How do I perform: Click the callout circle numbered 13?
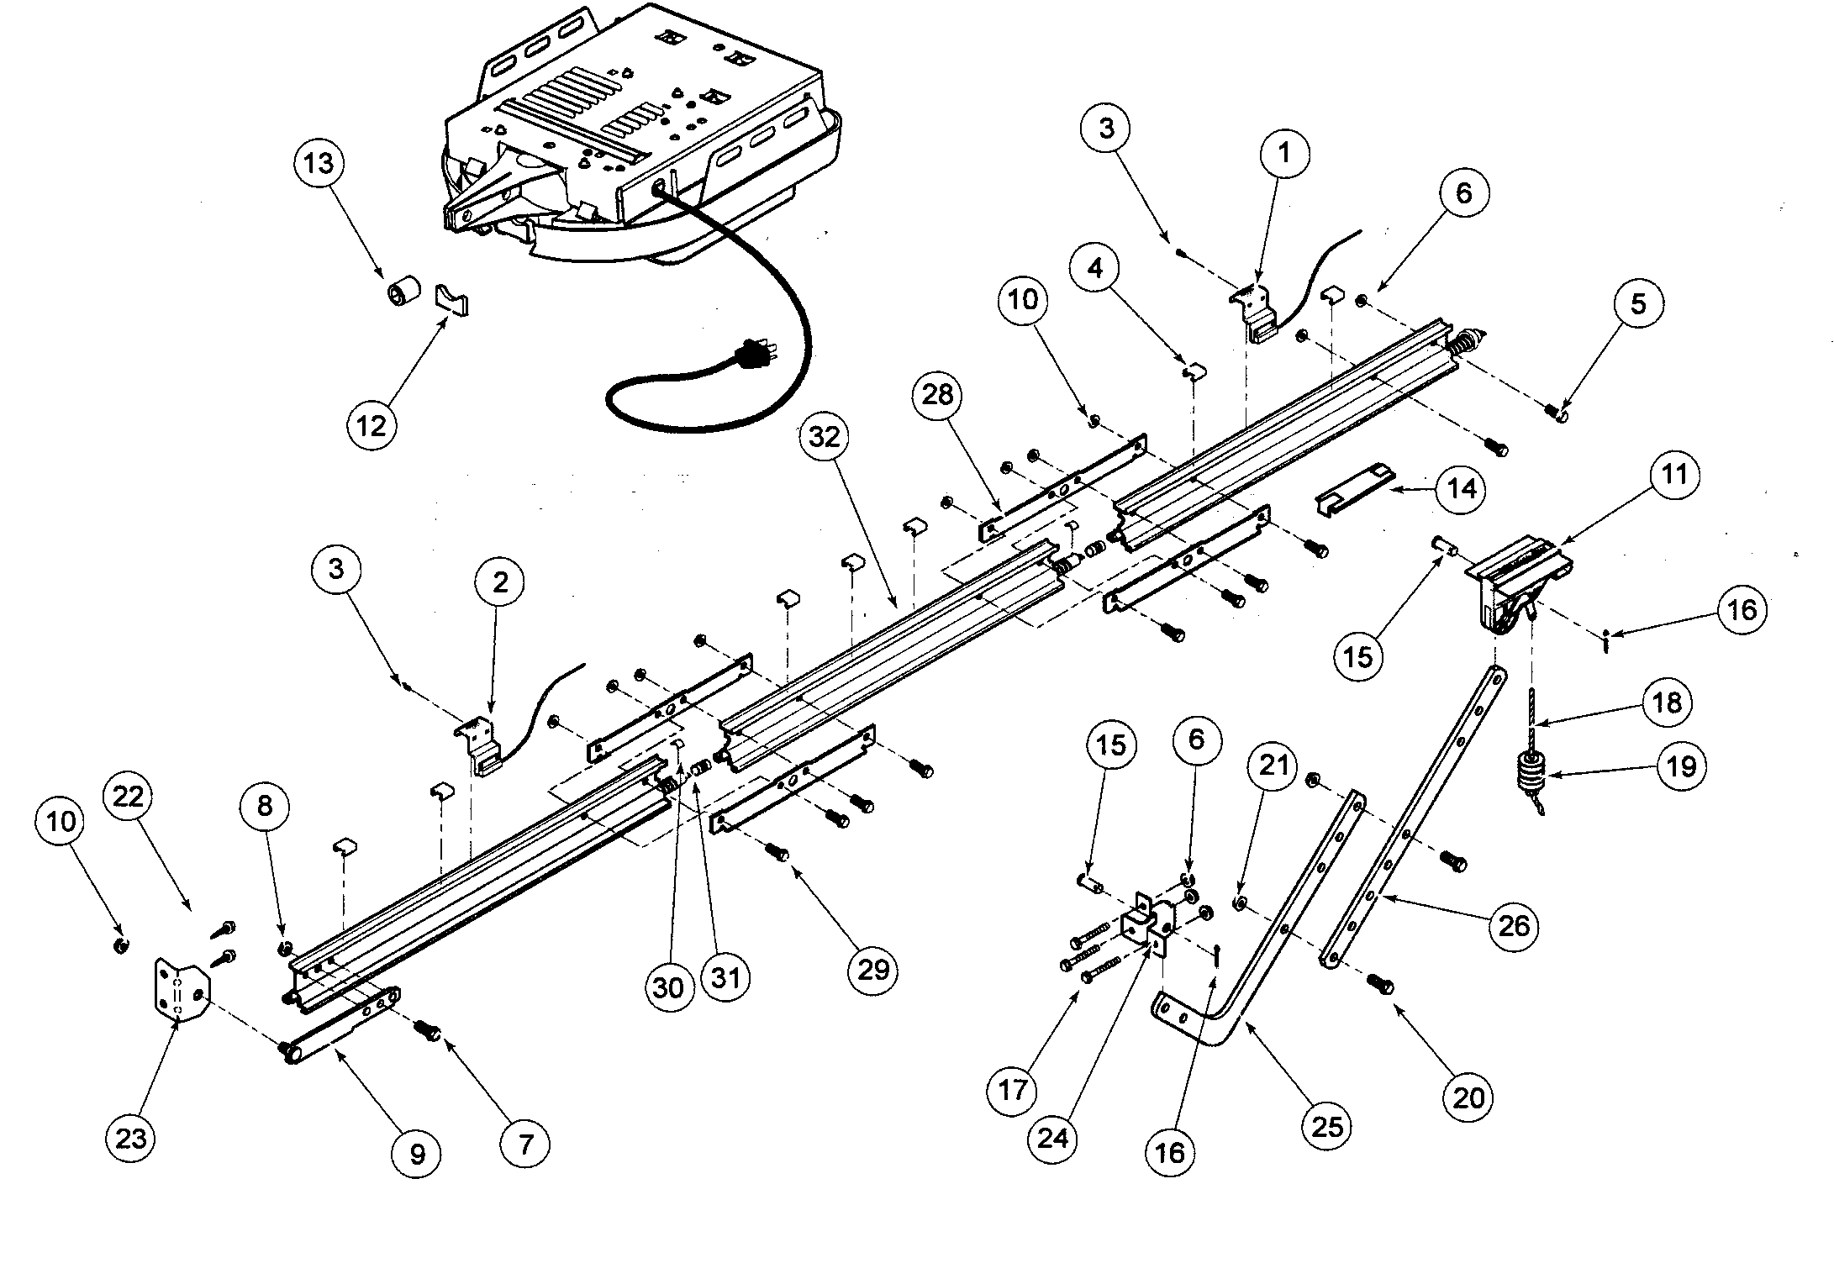coord(319,163)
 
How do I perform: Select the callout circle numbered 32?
coord(825,437)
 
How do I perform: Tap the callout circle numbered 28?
coord(938,395)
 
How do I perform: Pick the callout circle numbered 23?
coord(131,1139)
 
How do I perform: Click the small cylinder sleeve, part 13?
coord(404,293)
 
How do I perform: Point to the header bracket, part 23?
coord(180,992)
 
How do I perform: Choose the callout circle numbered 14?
coord(1461,488)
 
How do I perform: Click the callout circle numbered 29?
coord(872,970)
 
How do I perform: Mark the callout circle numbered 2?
coord(500,582)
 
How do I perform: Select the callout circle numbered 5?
coord(1637,304)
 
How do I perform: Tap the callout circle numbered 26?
coord(1513,926)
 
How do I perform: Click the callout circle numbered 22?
coord(129,796)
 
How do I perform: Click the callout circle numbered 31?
coord(725,978)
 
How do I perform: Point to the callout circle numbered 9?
coord(417,1155)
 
